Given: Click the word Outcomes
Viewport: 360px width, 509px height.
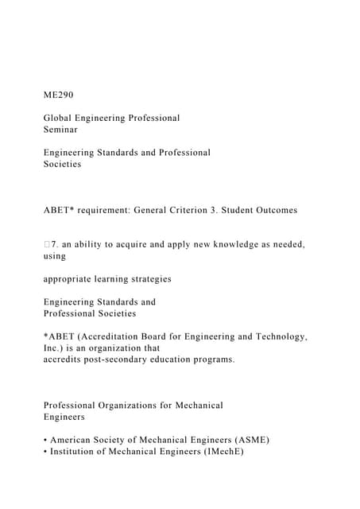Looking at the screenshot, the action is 273,210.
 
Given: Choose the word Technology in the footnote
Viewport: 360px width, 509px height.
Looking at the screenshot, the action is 279,336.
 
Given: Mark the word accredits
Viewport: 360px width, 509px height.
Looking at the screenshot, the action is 66,359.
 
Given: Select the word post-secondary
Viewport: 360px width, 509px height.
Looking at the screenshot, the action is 130,359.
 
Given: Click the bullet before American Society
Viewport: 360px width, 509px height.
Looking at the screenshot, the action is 45,440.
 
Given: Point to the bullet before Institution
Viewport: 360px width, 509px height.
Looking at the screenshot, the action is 45,451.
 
